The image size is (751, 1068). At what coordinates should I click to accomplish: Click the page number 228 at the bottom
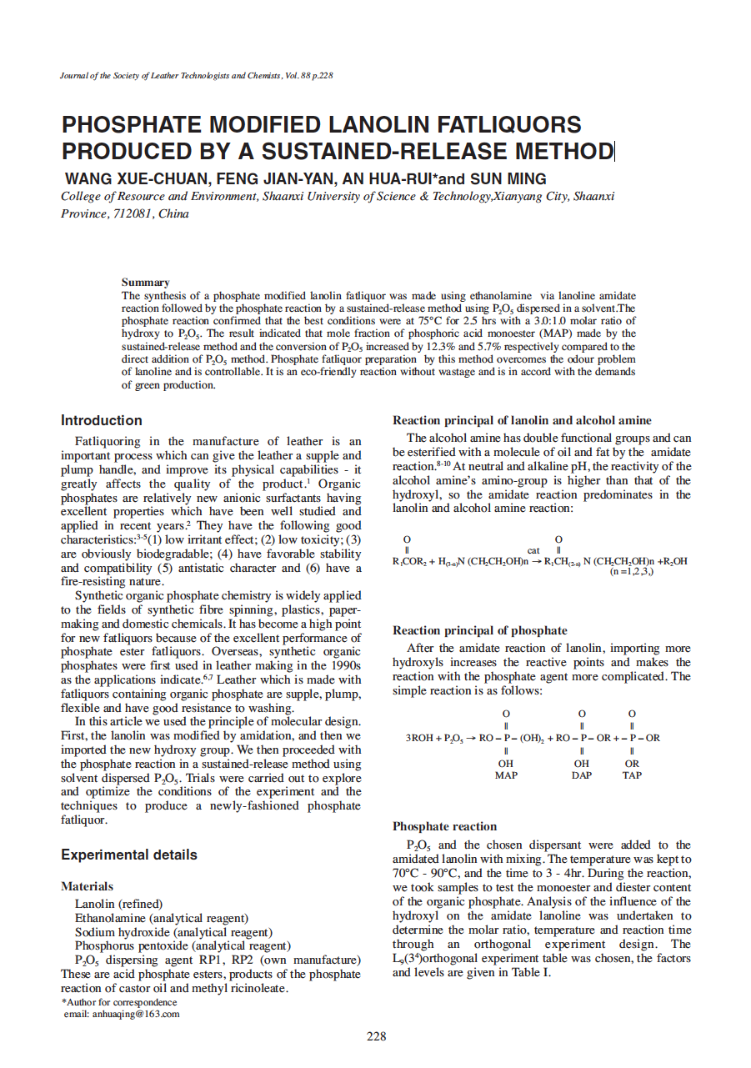(x=376, y=1036)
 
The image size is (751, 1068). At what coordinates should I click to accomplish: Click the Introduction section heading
(x=102, y=420)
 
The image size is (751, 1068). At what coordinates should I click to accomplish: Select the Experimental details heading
(x=129, y=855)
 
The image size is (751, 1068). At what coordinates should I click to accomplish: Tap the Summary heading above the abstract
(x=145, y=283)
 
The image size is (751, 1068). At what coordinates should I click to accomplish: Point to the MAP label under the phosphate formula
(x=506, y=775)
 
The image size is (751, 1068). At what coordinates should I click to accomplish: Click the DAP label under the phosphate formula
(x=582, y=775)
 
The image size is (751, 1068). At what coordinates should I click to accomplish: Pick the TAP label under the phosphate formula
(x=632, y=775)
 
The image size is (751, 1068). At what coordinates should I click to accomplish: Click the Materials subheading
(x=87, y=886)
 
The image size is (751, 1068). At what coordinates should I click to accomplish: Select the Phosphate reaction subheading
(x=444, y=826)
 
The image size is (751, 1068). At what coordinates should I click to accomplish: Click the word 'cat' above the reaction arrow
(x=535, y=550)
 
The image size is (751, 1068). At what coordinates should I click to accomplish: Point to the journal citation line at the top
(x=197, y=76)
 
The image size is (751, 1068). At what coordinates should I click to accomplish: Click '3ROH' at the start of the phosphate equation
(x=419, y=738)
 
